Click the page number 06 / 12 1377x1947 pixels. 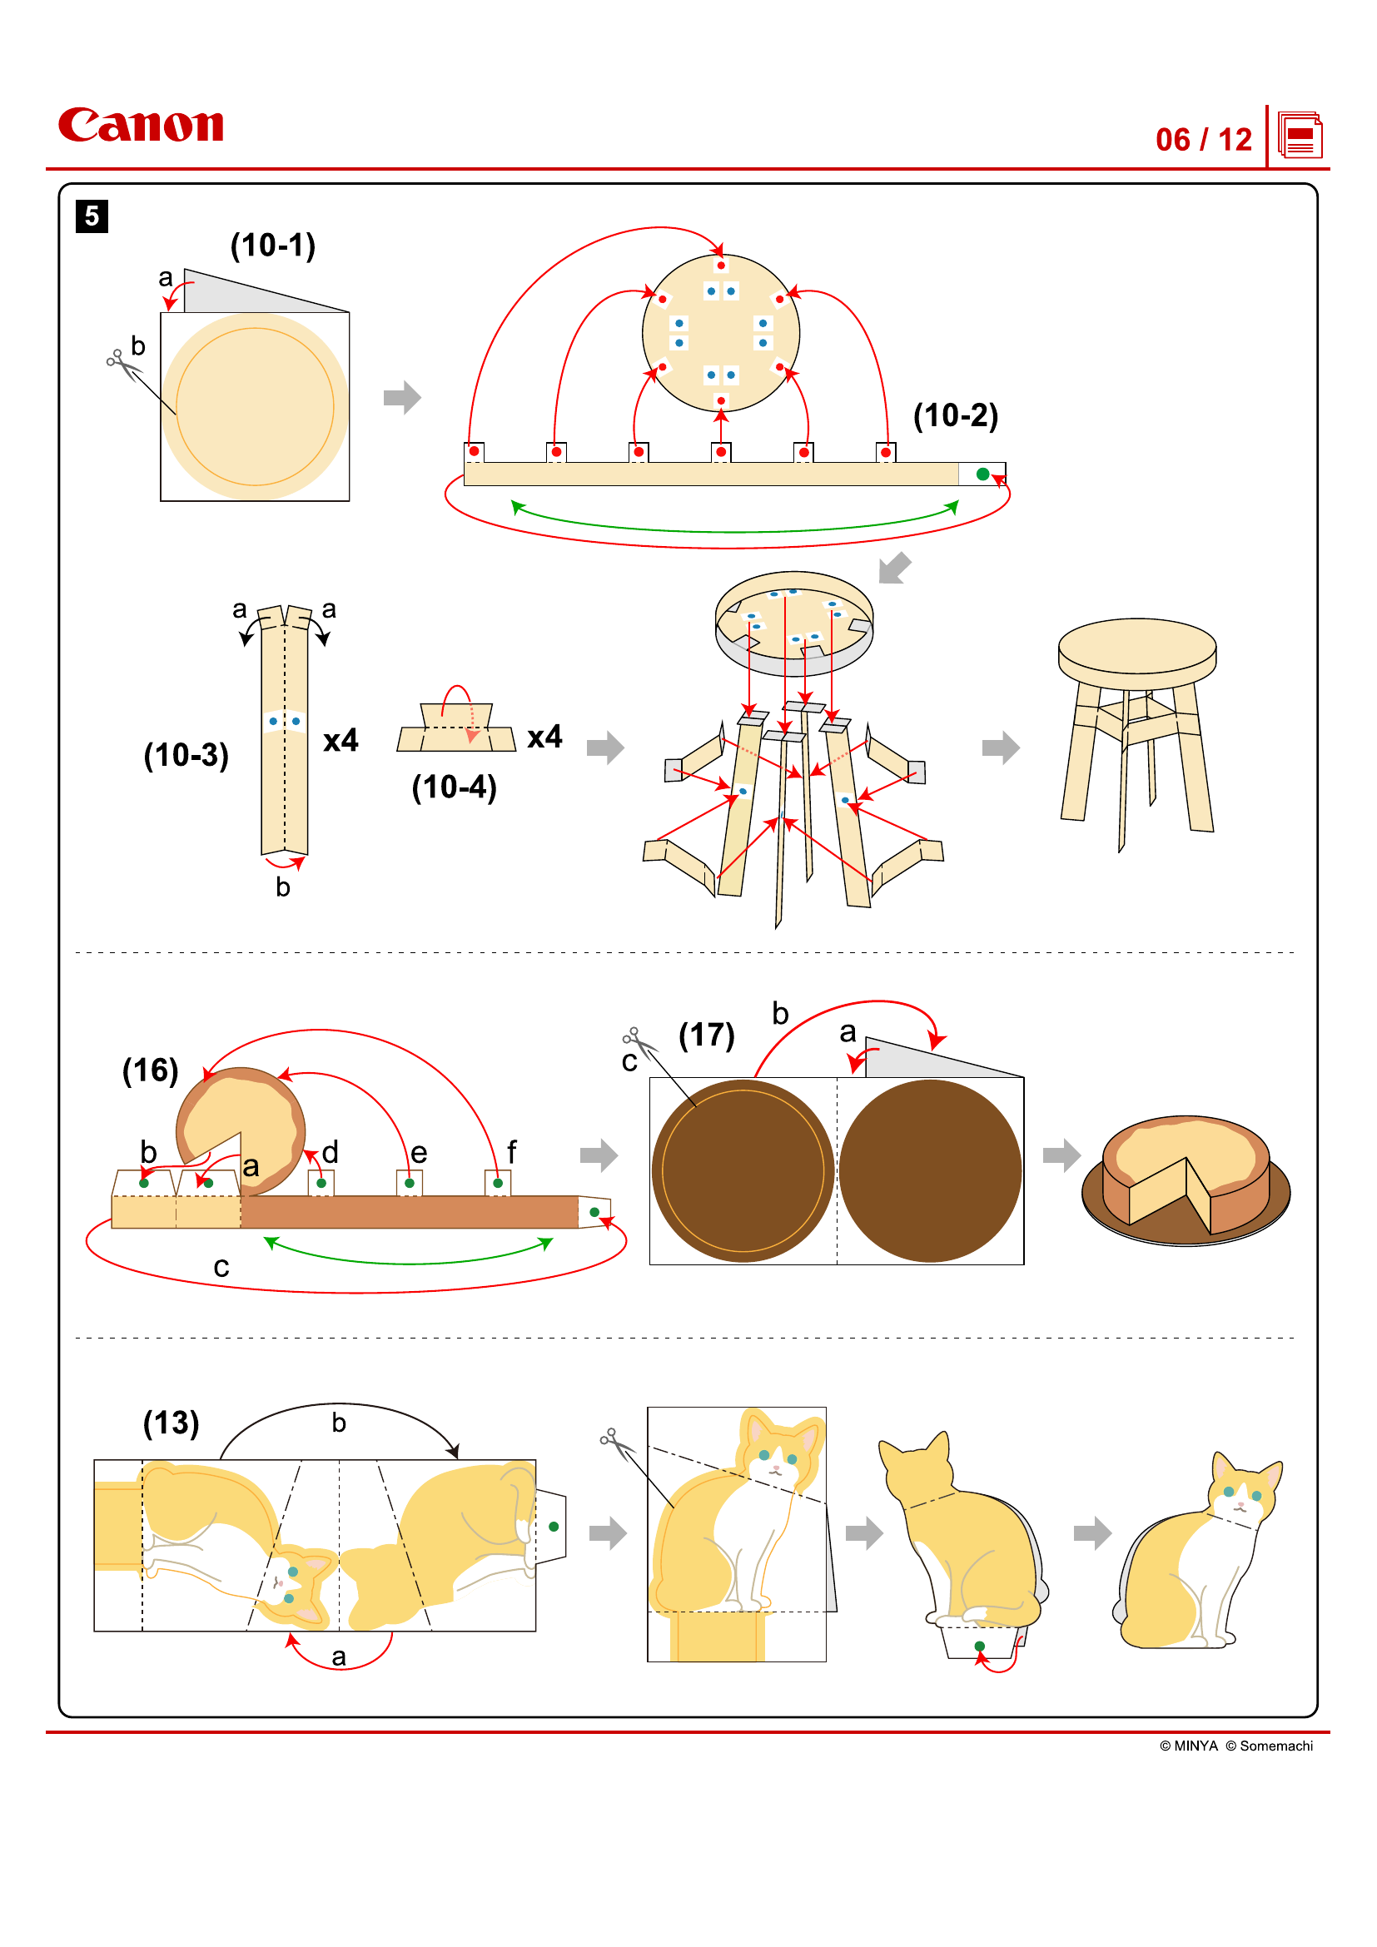1202,140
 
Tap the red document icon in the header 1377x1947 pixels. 1299,136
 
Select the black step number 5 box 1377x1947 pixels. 92,216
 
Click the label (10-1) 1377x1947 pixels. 273,246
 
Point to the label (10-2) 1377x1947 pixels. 955,415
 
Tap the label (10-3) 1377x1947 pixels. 186,755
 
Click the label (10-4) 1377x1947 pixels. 454,787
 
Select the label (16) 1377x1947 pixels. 150,1070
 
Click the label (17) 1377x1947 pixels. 706,1035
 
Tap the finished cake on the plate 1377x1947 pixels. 1186,1179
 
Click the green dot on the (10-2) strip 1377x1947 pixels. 982,474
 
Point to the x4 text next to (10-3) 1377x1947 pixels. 341,740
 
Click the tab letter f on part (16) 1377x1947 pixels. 511,1151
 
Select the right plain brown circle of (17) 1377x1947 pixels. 930,1170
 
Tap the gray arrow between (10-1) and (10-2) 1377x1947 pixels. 402,397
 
